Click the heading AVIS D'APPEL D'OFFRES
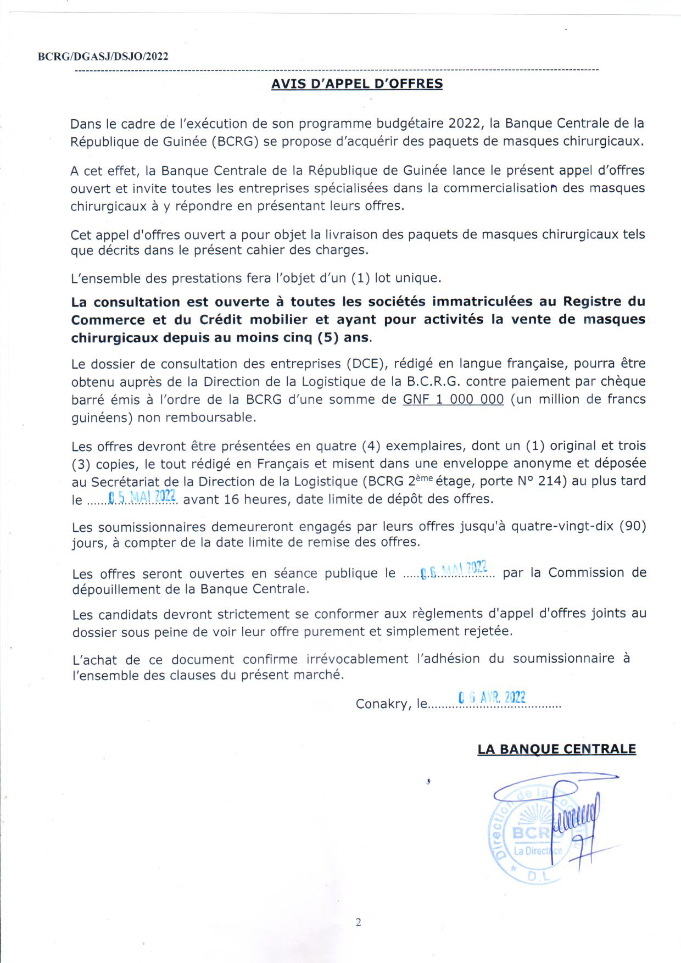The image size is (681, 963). point(357,84)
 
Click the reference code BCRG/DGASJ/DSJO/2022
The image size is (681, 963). point(103,57)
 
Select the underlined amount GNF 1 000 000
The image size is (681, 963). point(453,399)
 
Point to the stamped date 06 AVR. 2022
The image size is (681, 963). point(492,698)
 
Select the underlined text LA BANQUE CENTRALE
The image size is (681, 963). point(556,749)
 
